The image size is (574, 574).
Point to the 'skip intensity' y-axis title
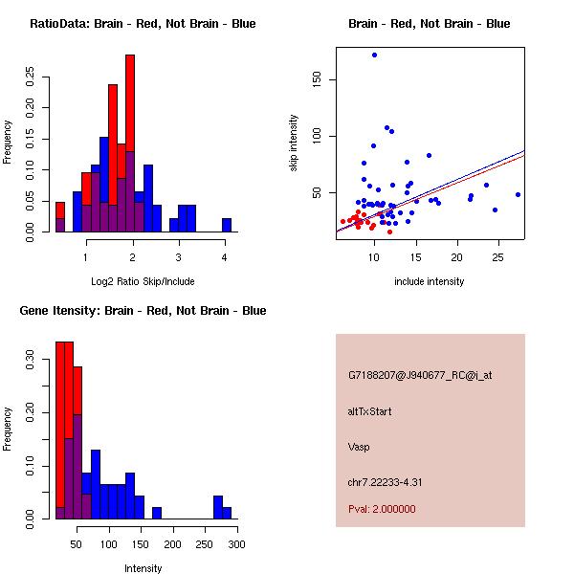pyautogui.click(x=294, y=143)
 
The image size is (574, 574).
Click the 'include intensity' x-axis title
pyautogui.click(x=430, y=281)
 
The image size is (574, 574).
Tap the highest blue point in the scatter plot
pyautogui.click(x=374, y=55)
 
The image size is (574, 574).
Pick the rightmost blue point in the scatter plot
pyautogui.click(x=518, y=194)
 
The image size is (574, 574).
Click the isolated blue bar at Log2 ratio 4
pyautogui.click(x=227, y=225)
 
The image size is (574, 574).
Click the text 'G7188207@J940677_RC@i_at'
pyautogui.click(x=420, y=376)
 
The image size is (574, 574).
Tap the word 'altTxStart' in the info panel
pyautogui.click(x=370, y=411)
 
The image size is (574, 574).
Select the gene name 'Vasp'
pyautogui.click(x=359, y=447)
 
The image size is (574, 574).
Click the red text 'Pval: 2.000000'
pyautogui.click(x=382, y=509)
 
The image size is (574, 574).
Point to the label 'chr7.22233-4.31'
pyautogui.click(x=385, y=482)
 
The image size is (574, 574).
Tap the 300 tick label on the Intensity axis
pyautogui.click(x=236, y=543)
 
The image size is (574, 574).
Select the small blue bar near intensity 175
pyautogui.click(x=157, y=513)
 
